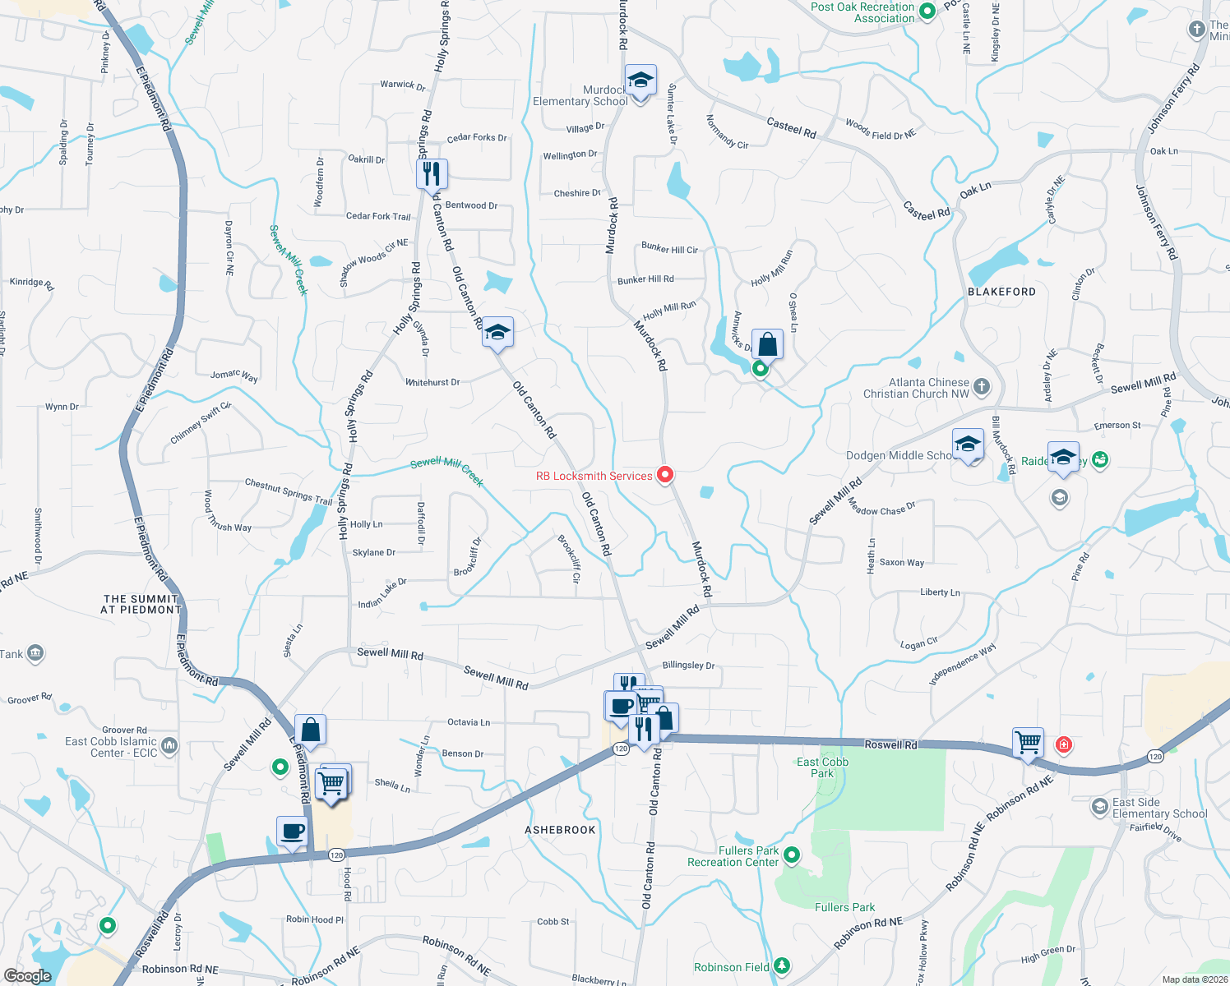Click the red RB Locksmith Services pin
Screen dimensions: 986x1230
[665, 474]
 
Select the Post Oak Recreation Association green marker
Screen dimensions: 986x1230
[927, 12]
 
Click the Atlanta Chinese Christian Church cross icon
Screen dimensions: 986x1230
[982, 386]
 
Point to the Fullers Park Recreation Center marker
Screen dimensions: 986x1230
[792, 855]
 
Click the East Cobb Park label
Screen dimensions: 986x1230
[822, 767]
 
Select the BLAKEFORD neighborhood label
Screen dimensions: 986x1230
[1001, 292]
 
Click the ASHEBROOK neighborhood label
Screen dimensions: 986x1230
[560, 830]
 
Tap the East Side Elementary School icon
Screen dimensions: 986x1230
[1099, 807]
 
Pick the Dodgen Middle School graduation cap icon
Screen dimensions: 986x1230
[968, 445]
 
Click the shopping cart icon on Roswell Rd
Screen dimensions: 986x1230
[1029, 743]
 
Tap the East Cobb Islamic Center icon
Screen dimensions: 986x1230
[169, 745]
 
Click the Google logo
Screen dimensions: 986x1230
[28, 975]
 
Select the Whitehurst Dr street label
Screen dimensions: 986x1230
[432, 382]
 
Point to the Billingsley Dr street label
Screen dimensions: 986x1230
[688, 666]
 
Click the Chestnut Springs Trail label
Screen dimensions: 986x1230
[289, 491]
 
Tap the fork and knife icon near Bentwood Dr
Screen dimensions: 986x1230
[432, 174]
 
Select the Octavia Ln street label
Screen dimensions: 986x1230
[469, 722]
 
